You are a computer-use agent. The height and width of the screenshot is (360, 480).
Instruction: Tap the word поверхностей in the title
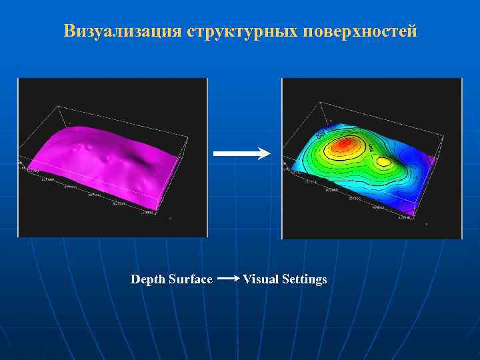(360, 31)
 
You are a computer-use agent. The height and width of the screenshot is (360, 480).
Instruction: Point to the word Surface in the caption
(191, 279)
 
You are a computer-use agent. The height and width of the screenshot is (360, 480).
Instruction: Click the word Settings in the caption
(304, 279)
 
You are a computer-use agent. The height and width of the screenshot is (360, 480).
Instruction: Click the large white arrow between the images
(241, 153)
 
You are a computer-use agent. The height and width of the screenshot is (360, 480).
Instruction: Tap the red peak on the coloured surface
(343, 143)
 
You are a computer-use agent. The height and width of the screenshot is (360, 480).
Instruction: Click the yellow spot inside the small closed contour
(383, 161)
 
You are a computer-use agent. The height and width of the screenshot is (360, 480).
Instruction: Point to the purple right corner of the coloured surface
(431, 161)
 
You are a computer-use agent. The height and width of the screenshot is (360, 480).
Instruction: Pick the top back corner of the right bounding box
(320, 103)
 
